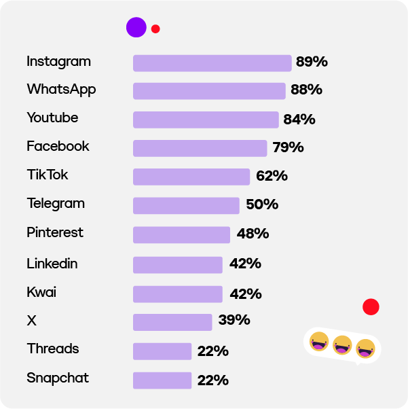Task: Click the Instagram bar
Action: (212, 63)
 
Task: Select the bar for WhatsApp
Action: (209, 91)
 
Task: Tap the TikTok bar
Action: (191, 177)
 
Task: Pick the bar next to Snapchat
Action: (162, 380)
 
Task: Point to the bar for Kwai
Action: (178, 294)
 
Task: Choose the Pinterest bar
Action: (181, 234)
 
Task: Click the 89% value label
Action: (312, 62)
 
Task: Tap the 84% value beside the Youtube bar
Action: (299, 120)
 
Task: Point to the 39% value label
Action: (234, 320)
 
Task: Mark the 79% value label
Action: (288, 147)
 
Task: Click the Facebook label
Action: (58, 146)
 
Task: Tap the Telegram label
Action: (56, 204)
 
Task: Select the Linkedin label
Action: (52, 264)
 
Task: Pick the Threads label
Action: (53, 349)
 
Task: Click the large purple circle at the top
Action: (136, 27)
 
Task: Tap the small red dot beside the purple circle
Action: (155, 29)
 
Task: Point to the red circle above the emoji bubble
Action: (371, 307)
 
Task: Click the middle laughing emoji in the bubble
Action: (342, 345)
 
